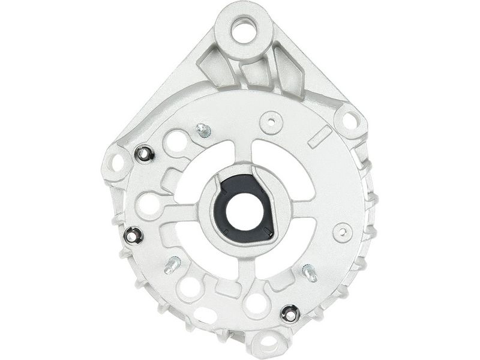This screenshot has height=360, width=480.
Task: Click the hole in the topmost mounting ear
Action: pos(244,30)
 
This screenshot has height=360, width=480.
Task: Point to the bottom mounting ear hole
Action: pos(268,344)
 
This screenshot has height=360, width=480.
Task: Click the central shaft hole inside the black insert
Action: pos(244,208)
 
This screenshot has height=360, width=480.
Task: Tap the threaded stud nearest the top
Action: pos(203,130)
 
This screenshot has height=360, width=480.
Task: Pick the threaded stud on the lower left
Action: pos(172,264)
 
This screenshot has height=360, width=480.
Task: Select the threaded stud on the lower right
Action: pos(310,272)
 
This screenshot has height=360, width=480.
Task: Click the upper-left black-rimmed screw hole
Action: pos(144,154)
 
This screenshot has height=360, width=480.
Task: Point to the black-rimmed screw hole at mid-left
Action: pos(133,236)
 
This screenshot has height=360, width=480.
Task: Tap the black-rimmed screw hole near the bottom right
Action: pos(290,313)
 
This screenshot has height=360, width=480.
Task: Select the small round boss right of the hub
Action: pos(343,232)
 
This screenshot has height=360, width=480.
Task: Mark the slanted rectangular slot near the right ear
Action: pos(319,137)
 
